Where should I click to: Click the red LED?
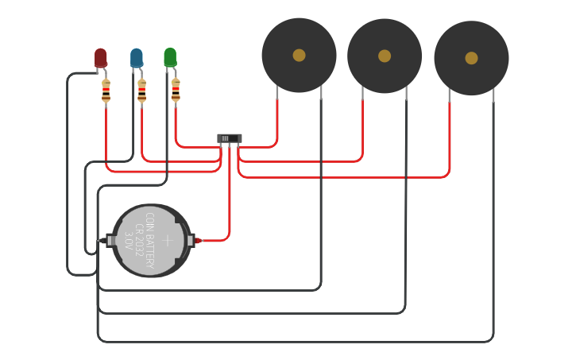point(101,57)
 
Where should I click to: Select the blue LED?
point(137,57)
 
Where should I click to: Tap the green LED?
point(170,56)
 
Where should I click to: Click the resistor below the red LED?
point(106,91)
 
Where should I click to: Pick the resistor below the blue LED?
point(141,91)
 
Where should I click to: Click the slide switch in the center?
point(230,138)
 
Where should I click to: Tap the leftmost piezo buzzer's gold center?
point(299,55)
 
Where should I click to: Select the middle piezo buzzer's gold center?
point(385,56)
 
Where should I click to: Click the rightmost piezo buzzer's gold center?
point(471,58)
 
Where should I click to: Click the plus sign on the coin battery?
point(168,240)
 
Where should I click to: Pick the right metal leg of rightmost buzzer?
point(493,95)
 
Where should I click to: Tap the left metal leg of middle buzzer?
point(363,93)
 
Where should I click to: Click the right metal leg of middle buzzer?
point(406,93)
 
